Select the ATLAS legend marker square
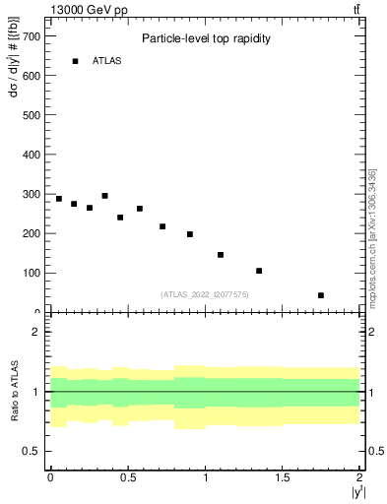pos(75,61)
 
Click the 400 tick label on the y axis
pos(31,155)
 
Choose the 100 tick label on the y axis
pos(31,273)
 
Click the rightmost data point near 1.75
pos(321,295)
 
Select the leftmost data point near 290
pos(59,199)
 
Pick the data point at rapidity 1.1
pos(221,255)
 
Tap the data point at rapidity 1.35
pos(259,271)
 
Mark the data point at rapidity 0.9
pos(190,234)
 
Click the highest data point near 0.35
pos(104,196)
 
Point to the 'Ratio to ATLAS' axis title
pos(13,391)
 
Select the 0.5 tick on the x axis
pos(128,477)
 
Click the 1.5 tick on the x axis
pos(283,477)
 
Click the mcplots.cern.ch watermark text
pos(372,236)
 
